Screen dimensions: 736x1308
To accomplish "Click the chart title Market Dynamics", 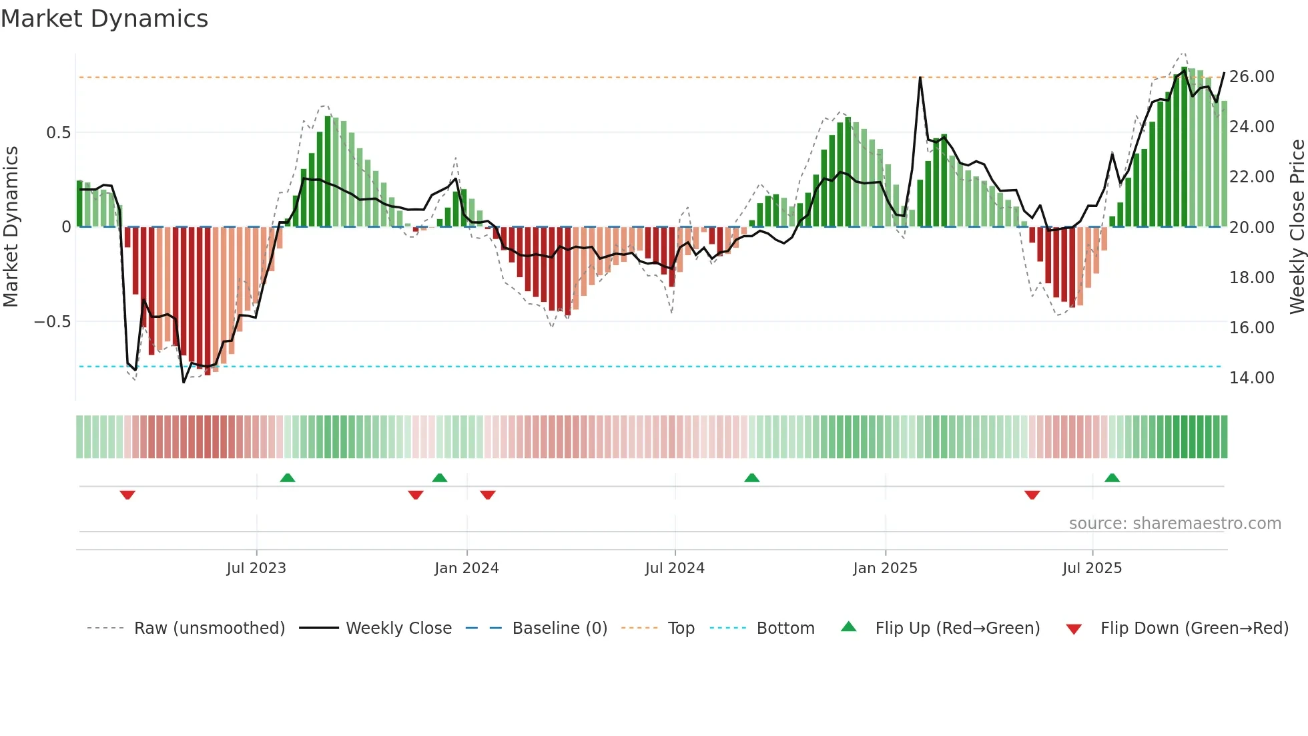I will click(104, 19).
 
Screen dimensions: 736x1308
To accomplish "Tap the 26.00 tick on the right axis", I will click(1251, 77).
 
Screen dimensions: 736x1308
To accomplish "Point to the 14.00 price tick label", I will click(1251, 378).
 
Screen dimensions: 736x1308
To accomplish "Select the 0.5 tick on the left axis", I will click(58, 133).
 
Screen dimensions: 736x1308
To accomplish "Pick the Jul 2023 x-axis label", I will click(256, 568).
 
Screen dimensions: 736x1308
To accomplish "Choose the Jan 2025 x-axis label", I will click(885, 568).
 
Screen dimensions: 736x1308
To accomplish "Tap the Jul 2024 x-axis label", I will click(675, 568).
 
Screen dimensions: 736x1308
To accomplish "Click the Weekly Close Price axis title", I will click(1297, 226).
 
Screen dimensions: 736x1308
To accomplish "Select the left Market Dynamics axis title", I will click(11, 226).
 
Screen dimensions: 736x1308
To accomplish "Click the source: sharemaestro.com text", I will click(1175, 524).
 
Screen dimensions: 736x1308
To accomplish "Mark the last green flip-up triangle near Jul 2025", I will click(1112, 478).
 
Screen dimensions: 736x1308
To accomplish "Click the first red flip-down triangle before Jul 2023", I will click(127, 495).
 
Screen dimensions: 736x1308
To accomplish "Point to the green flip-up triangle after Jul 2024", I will click(751, 478).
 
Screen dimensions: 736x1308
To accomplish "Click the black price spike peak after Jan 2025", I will click(920, 78).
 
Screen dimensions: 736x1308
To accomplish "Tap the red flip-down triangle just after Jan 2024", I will click(488, 495).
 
